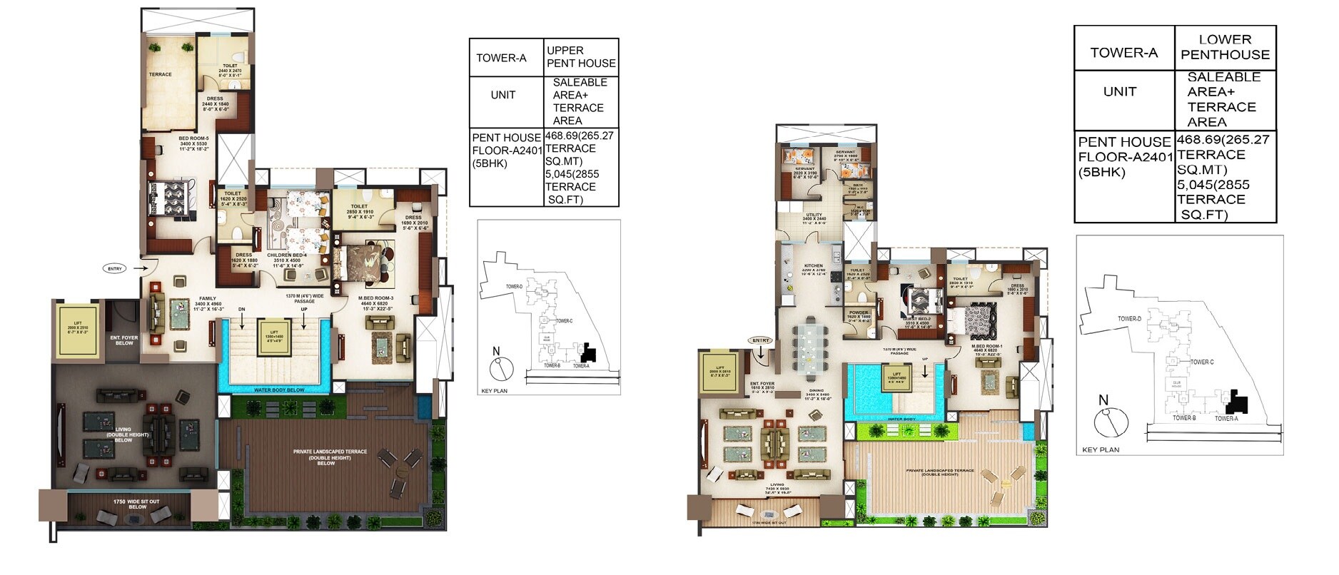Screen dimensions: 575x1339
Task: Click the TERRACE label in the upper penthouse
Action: pyautogui.click(x=161, y=74)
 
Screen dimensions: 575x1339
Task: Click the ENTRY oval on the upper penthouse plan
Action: pyautogui.click(x=114, y=269)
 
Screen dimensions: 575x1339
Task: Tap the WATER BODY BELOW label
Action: pyautogui.click(x=274, y=390)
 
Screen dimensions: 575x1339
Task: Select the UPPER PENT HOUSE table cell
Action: pyautogui.click(x=580, y=57)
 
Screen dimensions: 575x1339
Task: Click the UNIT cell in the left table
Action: pyautogui.click(x=503, y=95)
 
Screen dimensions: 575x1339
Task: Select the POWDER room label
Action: pyautogui.click(x=859, y=313)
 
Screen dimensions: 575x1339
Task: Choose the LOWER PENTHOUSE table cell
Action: pyautogui.click(x=1225, y=47)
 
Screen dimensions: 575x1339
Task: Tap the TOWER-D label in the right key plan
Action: pyautogui.click(x=1129, y=319)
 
